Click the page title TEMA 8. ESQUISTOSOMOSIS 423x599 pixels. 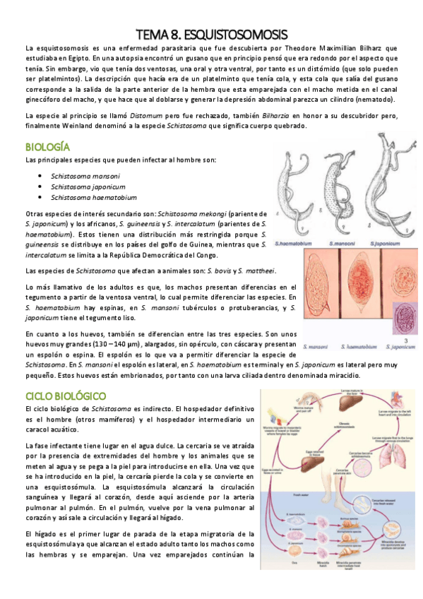[x=212, y=34]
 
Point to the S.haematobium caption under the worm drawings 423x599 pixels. [x=296, y=242]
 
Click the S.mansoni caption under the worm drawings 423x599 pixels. [x=342, y=242]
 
